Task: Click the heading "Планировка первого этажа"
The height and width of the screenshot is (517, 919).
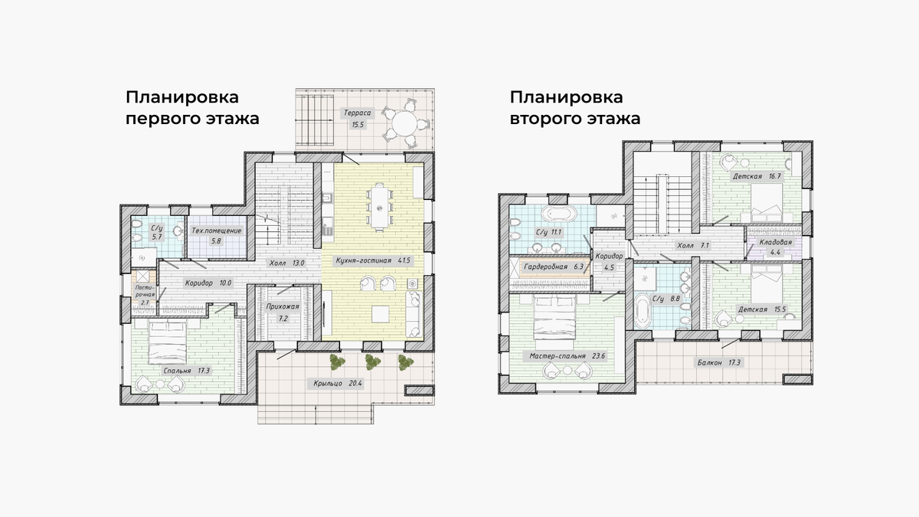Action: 192,108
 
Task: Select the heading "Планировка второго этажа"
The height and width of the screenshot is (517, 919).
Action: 575,108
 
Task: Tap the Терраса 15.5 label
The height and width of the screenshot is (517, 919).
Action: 358,119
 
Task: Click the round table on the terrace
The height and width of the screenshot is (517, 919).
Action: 404,123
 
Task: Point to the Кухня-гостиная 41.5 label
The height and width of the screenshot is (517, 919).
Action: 373,260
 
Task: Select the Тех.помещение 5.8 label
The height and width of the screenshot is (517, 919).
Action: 217,236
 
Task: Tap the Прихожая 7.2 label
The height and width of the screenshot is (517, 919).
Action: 283,312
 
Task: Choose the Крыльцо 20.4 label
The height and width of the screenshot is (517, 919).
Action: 338,384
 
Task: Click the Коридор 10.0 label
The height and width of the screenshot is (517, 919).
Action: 208,283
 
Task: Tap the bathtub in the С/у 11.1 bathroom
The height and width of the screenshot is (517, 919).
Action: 559,214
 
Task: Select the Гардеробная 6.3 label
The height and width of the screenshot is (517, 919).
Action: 554,267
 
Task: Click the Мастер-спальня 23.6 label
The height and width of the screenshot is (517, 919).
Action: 567,356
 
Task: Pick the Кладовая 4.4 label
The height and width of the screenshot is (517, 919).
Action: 775,247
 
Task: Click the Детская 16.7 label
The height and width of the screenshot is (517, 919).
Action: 757,176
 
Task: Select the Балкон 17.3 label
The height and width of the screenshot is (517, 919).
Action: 719,363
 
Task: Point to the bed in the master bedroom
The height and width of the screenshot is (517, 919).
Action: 554,318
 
